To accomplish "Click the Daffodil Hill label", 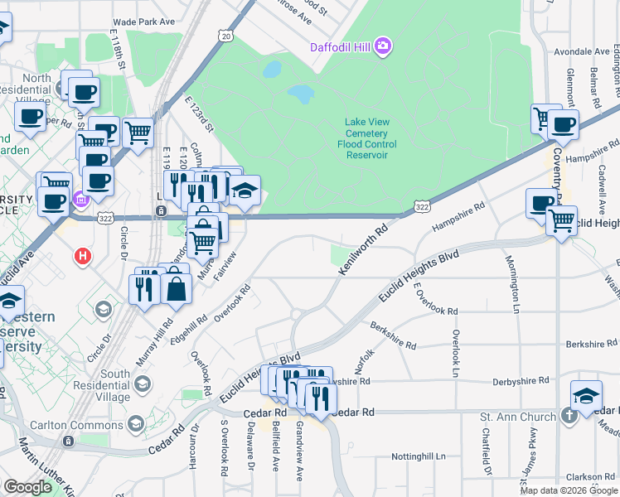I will [340, 46].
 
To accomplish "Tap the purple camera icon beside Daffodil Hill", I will [383, 45].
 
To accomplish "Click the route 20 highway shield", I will [225, 36].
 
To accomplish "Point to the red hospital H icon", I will [82, 256].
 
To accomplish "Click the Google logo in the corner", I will [28, 487].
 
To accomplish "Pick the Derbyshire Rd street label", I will [521, 380].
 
